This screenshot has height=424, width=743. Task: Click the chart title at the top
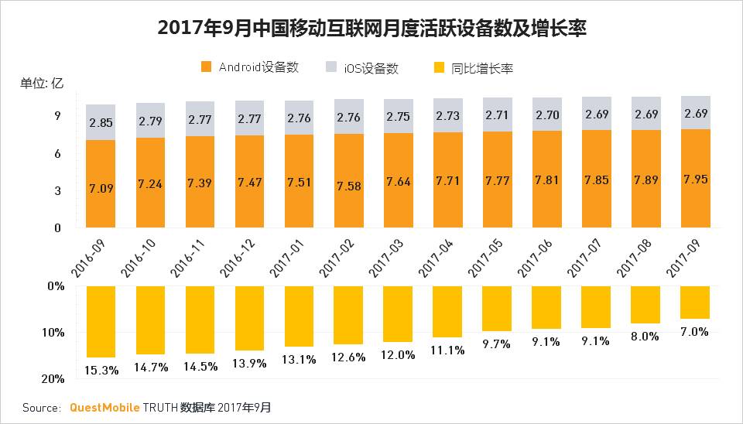371,29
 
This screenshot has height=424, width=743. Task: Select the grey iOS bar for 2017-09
695,113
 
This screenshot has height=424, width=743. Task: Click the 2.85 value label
101,122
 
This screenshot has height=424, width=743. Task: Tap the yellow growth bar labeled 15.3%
101,321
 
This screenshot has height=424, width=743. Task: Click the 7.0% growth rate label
694,332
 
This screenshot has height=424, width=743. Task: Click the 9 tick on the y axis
57,116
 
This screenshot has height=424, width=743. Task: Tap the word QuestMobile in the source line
104,407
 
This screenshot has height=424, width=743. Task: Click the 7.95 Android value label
695,180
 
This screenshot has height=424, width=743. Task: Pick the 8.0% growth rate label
645,337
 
